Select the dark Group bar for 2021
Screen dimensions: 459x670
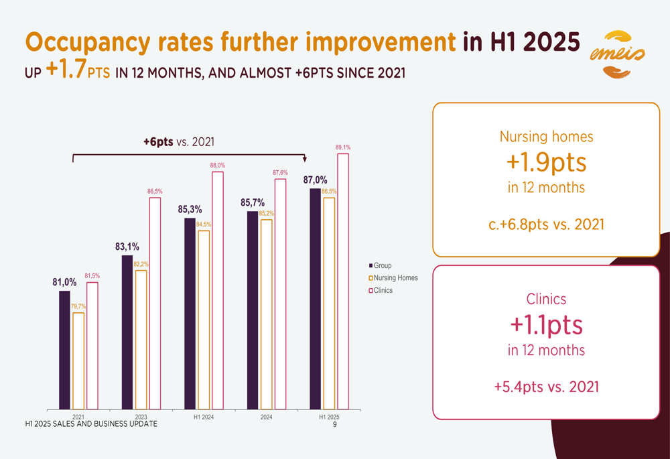pyautogui.click(x=64, y=349)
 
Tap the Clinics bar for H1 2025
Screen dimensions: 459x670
pyautogui.click(x=343, y=281)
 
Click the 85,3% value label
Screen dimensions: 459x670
pyautogui.click(x=190, y=210)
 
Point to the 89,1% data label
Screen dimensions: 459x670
pyautogui.click(x=343, y=147)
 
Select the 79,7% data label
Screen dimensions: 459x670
pyautogui.click(x=78, y=306)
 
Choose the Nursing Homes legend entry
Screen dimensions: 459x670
pyautogui.click(x=393, y=278)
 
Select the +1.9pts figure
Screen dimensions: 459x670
pyautogui.click(x=546, y=163)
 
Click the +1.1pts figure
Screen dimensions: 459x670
pyautogui.click(x=546, y=326)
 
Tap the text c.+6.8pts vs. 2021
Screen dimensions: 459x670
pyautogui.click(x=546, y=223)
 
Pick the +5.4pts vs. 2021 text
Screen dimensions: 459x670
pyautogui.click(x=546, y=387)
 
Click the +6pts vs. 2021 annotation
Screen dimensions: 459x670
pyautogui.click(x=182, y=141)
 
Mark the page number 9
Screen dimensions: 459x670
pyautogui.click(x=334, y=424)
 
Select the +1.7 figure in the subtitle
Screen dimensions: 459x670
pyautogui.click(x=66, y=70)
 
